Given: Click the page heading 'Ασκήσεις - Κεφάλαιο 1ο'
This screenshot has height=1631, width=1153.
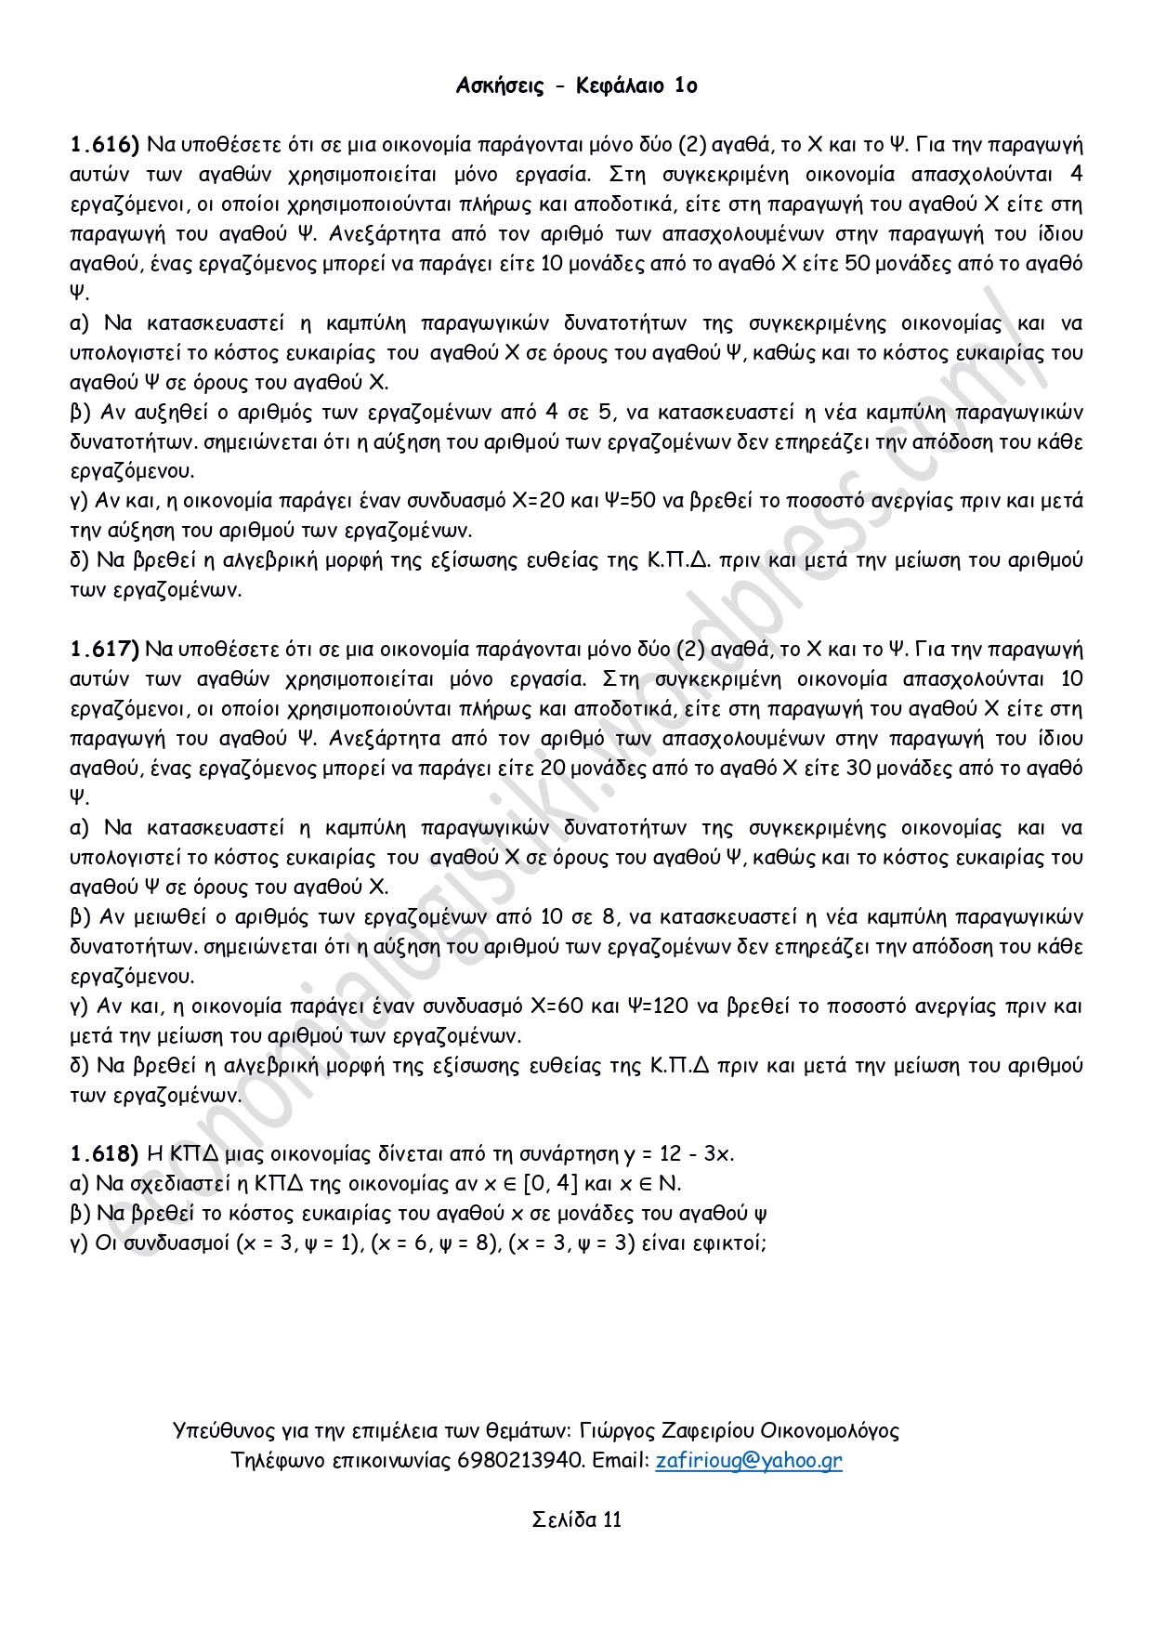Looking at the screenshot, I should pyautogui.click(x=576, y=86).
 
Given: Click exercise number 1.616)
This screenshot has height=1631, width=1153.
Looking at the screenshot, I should pyautogui.click(x=104, y=145).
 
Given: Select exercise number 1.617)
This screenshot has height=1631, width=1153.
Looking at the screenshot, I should pyautogui.click(x=104, y=650).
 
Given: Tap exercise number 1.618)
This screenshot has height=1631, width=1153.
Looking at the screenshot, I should pyautogui.click(x=104, y=1154).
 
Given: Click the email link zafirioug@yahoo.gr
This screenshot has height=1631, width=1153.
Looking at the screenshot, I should pyautogui.click(x=749, y=1460).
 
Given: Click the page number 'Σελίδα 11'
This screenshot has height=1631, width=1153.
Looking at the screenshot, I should pyautogui.click(x=576, y=1519).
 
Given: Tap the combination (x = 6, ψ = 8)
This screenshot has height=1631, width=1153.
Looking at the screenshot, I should pyautogui.click(x=435, y=1243).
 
